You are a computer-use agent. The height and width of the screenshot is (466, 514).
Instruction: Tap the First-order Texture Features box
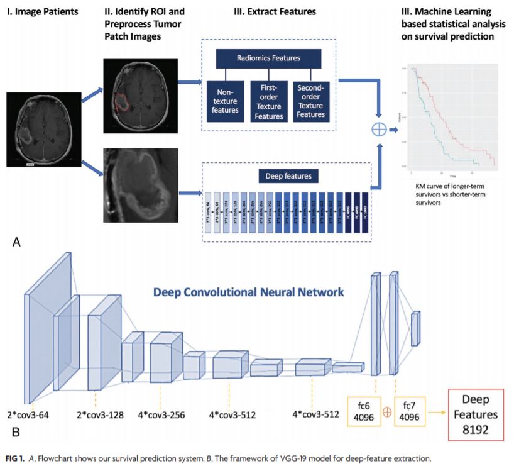(266, 101)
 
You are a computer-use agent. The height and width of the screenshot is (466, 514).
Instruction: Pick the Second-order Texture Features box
(310, 101)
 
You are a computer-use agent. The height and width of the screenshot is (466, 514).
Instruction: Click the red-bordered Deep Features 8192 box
(476, 414)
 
